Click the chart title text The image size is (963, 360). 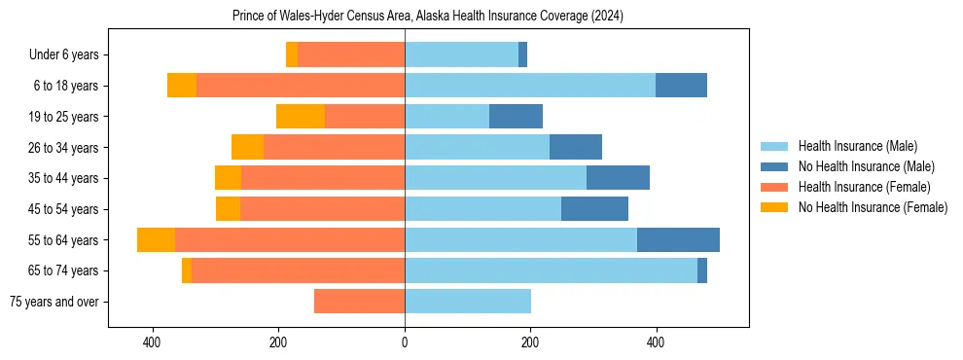pos(428,17)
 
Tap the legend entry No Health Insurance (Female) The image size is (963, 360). pos(873,207)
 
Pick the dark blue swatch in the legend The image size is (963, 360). pos(774,166)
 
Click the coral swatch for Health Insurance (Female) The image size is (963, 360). pos(774,187)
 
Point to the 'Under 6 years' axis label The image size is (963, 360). pos(63,55)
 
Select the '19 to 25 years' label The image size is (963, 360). pos(63,117)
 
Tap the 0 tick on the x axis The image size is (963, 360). pos(405,342)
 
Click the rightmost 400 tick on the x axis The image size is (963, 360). pos(656,342)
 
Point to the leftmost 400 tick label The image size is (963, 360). pos(152,342)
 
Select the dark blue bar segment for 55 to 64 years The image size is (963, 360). pos(678,240)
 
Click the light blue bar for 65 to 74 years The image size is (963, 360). pos(551,270)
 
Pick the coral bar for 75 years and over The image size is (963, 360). pos(359,302)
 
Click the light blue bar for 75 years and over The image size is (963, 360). pos(468,302)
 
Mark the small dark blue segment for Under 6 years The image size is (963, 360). pos(522,55)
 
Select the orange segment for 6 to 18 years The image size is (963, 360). pos(182,86)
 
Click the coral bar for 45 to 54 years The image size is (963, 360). pos(322,209)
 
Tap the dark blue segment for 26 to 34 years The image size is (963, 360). pos(576,147)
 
